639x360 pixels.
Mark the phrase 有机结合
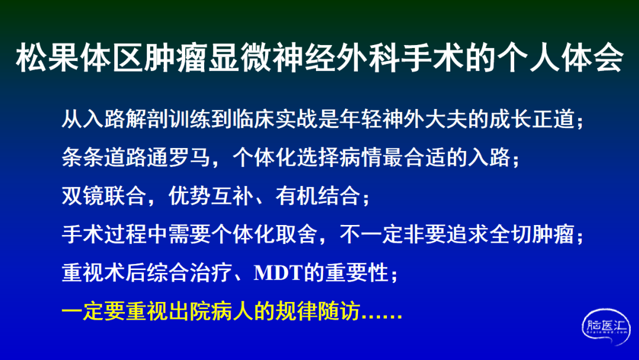coord(317,195)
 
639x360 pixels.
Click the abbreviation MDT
coord(278,273)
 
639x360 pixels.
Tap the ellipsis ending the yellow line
coord(382,317)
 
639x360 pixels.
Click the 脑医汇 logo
coord(606,326)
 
